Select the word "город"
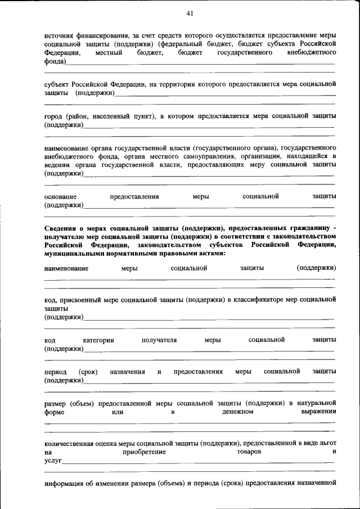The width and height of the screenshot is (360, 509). (x=53, y=116)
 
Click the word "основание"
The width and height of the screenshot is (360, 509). (x=60, y=197)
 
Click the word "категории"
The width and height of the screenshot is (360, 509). (x=98, y=340)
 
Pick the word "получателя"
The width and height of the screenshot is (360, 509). (x=159, y=340)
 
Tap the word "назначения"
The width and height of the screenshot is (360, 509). (x=128, y=372)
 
